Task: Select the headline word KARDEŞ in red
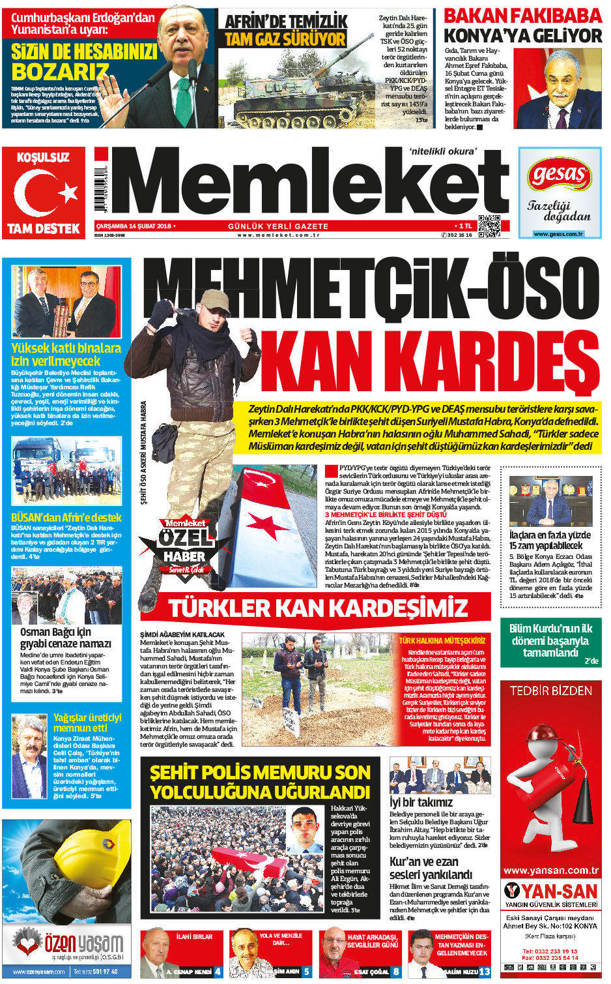[x=430, y=363]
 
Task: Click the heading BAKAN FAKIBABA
[x=523, y=16]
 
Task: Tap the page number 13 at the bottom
[x=484, y=972]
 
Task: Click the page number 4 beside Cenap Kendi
[x=218, y=972]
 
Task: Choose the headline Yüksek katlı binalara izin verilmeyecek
[x=66, y=354]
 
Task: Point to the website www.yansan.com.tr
[x=550, y=871]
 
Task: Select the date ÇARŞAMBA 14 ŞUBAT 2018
[x=133, y=226]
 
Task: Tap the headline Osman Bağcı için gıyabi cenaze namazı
[x=65, y=637]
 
